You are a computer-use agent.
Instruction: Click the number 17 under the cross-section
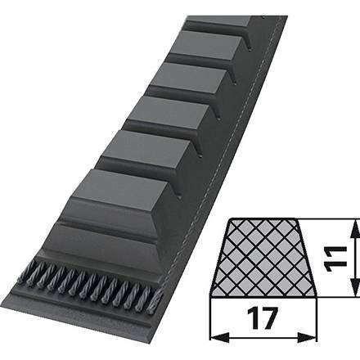click(x=263, y=318)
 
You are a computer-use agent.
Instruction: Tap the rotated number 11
click(x=335, y=259)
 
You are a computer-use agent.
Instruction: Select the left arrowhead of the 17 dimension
click(x=220, y=338)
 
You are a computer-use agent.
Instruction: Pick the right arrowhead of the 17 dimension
click(x=307, y=338)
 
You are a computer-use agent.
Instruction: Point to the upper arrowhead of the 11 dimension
click(x=355, y=230)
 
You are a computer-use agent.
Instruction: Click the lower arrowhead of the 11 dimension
click(x=355, y=286)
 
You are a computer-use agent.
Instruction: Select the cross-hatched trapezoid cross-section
click(x=263, y=258)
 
